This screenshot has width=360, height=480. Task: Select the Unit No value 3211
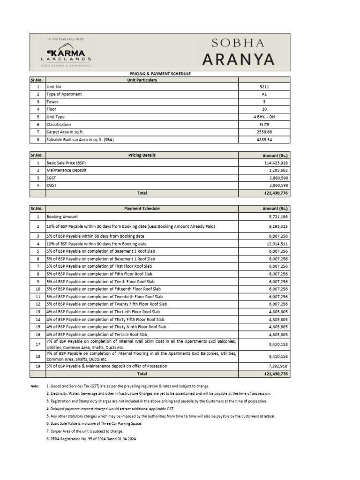tap(264, 87)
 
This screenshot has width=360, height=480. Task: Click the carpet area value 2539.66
tap(264, 132)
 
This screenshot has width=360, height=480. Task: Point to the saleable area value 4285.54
tap(264, 140)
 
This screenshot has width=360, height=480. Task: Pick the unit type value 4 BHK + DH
tap(264, 117)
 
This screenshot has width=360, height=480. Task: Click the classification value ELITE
tap(264, 125)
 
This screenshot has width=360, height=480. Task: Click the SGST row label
tap(51, 178)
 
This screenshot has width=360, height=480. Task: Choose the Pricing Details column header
tap(142, 155)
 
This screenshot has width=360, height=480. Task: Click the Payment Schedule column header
tap(142, 209)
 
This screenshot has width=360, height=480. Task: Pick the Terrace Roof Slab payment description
tap(105, 334)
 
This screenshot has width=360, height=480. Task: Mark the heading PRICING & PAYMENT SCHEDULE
tap(160, 74)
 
